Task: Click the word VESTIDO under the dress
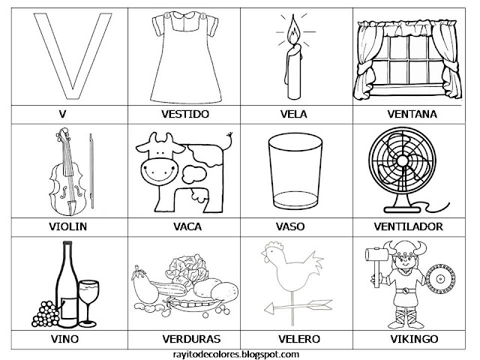(x=184, y=115)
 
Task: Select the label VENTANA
(x=406, y=115)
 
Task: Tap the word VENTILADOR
(x=406, y=224)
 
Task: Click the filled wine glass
(x=89, y=292)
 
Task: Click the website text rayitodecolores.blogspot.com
(x=240, y=352)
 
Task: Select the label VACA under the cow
(x=184, y=224)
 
